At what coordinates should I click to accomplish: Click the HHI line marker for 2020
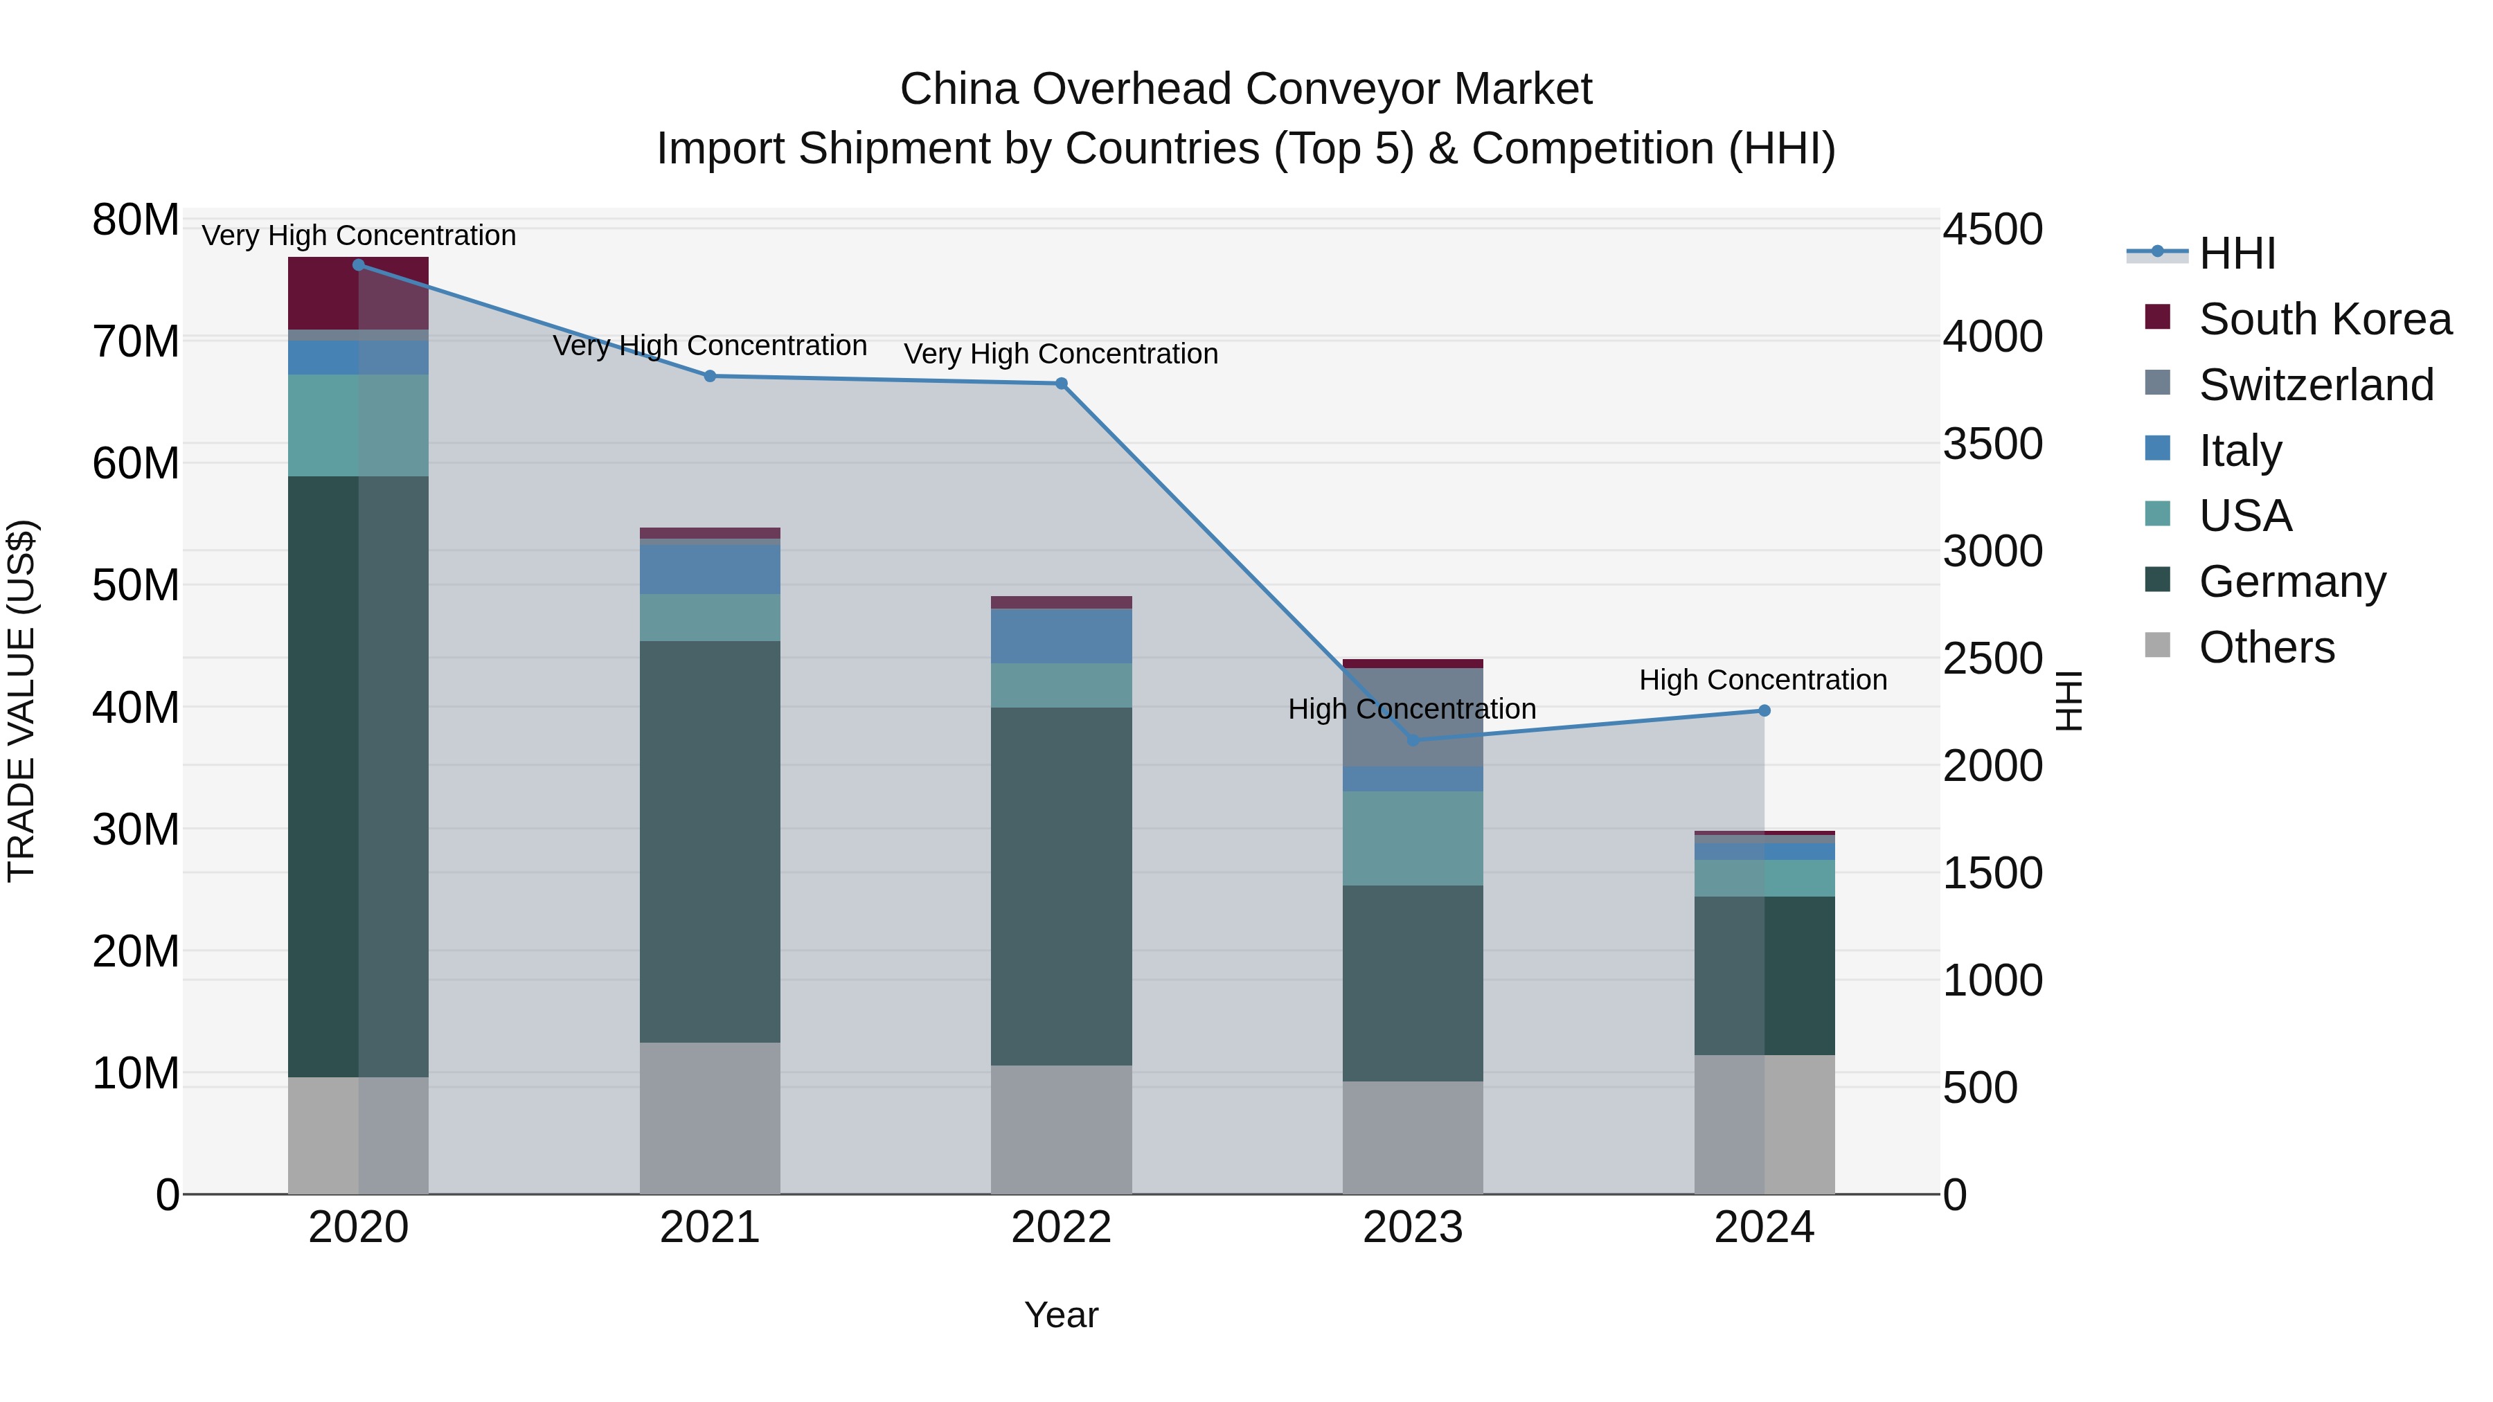click(358, 265)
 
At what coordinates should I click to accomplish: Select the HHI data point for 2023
click(1412, 740)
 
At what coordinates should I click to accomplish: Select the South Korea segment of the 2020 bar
click(358, 293)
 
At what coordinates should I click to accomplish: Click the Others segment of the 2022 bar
click(1061, 1129)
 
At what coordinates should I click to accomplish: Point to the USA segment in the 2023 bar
click(1412, 838)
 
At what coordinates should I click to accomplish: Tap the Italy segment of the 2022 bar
click(1061, 636)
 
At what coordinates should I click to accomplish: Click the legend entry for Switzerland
click(2315, 385)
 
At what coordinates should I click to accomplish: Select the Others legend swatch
click(2158, 645)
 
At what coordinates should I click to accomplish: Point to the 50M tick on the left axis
click(136, 585)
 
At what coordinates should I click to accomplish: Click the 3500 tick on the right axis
click(1992, 444)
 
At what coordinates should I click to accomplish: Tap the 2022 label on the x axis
click(1061, 1228)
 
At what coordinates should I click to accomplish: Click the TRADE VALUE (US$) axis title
click(21, 701)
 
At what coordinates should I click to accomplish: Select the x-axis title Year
click(1061, 1315)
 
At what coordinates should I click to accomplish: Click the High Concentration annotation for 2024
click(1762, 680)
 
